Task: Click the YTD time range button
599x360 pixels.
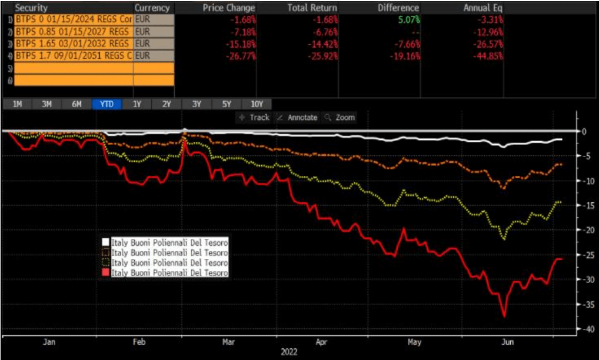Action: point(107,104)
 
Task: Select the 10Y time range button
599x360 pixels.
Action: point(257,104)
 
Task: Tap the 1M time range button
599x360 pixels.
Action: point(17,104)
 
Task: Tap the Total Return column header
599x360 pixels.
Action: point(312,8)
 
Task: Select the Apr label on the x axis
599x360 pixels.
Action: point(321,341)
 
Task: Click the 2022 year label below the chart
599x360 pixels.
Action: point(289,352)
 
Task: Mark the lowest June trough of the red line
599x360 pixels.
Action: point(504,316)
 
